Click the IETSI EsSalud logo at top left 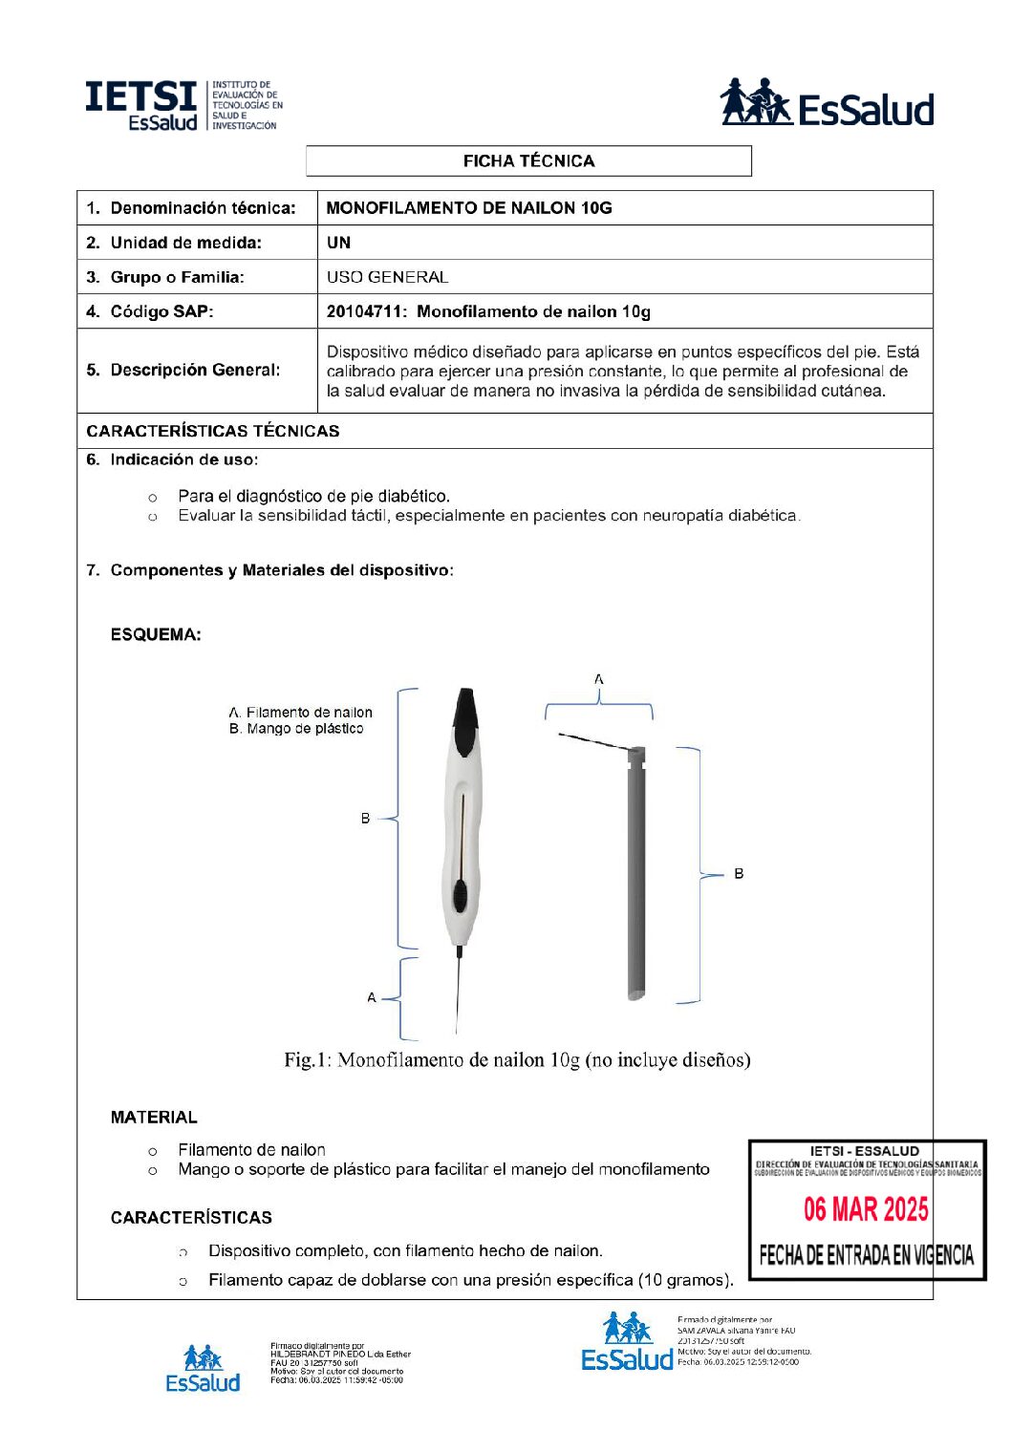click(183, 105)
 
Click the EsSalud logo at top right click(827, 103)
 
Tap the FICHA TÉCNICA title click(528, 161)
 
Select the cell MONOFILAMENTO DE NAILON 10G click(468, 208)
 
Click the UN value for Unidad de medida click(338, 243)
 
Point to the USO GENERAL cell click(387, 277)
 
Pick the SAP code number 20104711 click(362, 311)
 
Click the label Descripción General click(195, 370)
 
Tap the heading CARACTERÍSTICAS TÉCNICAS click(212, 431)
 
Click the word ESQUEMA click(156, 634)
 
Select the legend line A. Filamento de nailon click(300, 713)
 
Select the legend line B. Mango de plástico click(296, 729)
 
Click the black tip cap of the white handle click(465, 718)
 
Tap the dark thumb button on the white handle click(461, 897)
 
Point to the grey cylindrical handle click(636, 874)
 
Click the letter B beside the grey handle click(739, 873)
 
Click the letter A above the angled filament click(599, 679)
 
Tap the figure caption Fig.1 click(516, 1059)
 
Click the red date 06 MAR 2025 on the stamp click(866, 1209)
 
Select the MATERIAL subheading click(154, 1118)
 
